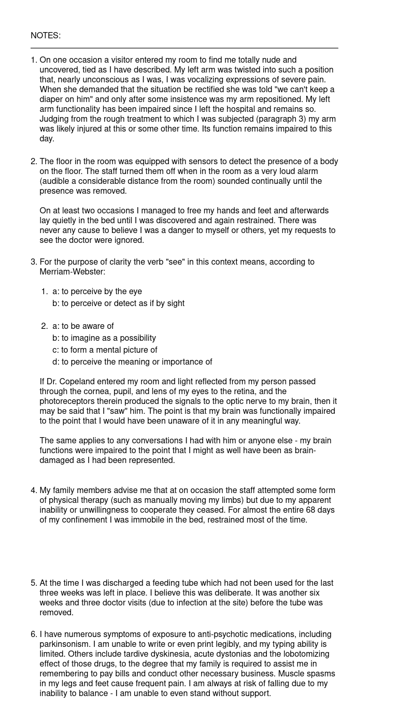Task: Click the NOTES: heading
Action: click(x=46, y=36)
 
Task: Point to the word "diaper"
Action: click(x=52, y=99)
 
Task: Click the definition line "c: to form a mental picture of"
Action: click(x=105, y=350)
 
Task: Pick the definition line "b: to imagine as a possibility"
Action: click(x=104, y=338)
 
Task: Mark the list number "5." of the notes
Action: click(x=34, y=583)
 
